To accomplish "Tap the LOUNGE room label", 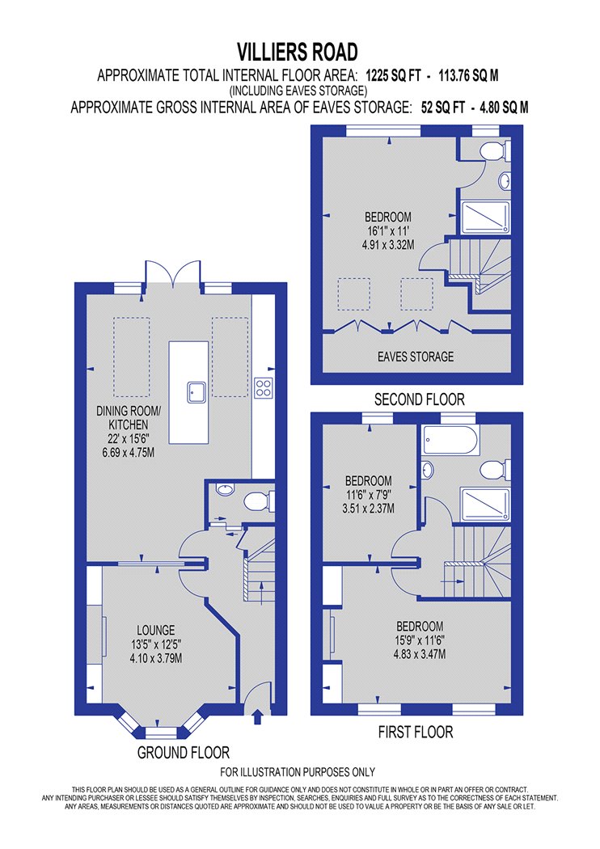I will (155, 630).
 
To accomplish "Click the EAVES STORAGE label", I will (416, 356).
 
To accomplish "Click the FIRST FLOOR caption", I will (416, 733).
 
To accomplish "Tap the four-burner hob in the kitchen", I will (264, 387).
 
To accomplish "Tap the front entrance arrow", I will (258, 716).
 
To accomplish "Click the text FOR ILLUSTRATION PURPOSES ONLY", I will (297, 772).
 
